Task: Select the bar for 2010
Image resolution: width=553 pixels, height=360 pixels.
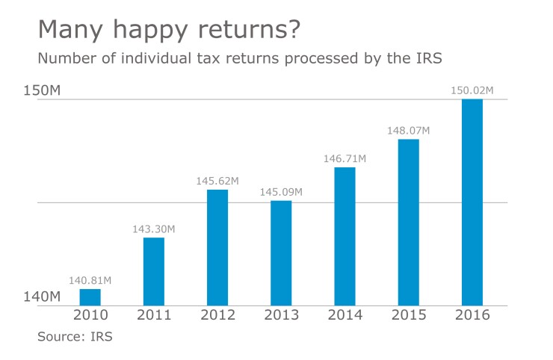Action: click(x=90, y=297)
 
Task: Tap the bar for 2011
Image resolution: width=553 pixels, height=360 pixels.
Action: click(x=153, y=272)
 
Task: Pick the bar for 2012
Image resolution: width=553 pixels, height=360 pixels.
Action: click(x=217, y=247)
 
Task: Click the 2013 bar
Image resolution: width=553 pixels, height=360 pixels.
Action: click(x=281, y=252)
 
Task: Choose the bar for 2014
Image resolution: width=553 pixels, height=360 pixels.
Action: click(x=345, y=236)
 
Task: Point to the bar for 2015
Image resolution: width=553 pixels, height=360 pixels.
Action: click(x=408, y=222)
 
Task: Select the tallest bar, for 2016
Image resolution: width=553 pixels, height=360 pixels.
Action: click(x=472, y=202)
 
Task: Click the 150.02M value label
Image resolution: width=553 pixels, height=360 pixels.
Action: click(x=472, y=90)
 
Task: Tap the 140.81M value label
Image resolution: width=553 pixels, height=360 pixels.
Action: click(x=90, y=281)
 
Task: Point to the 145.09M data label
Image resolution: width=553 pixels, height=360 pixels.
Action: click(x=281, y=192)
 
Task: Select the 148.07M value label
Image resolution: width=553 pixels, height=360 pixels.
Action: click(x=408, y=131)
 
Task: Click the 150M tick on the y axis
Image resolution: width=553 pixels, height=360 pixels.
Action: click(x=41, y=90)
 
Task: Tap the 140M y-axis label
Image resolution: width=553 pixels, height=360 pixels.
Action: click(x=41, y=297)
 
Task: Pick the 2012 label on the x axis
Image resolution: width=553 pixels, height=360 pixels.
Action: click(x=217, y=315)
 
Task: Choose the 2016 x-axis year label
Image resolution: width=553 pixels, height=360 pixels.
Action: click(x=472, y=315)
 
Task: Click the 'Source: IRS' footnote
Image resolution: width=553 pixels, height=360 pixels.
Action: click(x=75, y=337)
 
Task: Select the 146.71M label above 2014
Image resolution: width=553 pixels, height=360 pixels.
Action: click(x=345, y=159)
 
